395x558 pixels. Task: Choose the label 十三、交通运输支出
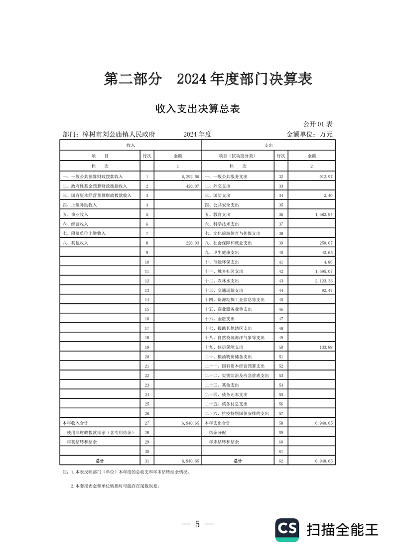(224, 290)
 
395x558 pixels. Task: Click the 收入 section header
(131, 145)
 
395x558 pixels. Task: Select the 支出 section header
(268, 145)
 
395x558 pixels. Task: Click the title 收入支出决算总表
(198, 108)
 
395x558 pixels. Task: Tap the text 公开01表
(318, 123)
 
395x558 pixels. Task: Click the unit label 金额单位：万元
(309, 134)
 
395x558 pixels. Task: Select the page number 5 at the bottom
(197, 524)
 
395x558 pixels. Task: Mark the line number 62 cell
(281, 461)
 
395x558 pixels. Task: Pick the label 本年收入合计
(75, 422)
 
